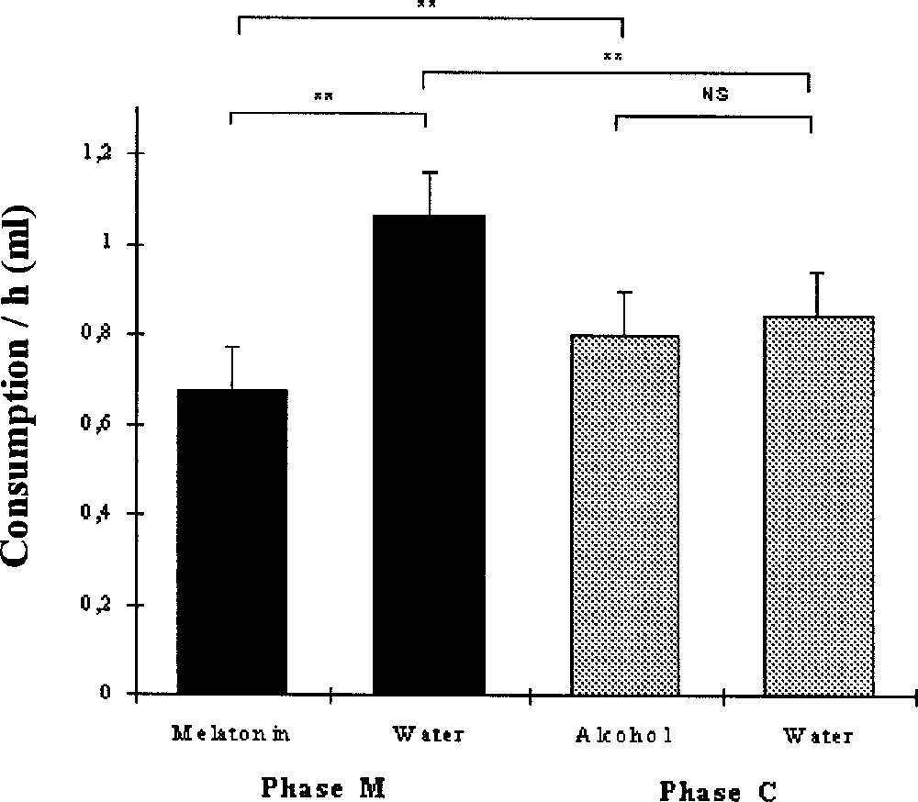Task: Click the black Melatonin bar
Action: tap(232, 541)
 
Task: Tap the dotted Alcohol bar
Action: tap(624, 514)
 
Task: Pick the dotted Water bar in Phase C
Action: tap(818, 505)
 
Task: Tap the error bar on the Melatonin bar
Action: tap(234, 367)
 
